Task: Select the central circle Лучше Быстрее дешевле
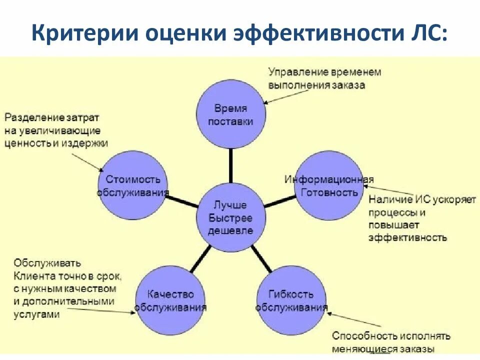coord(230,217)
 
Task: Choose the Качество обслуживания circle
coord(170,300)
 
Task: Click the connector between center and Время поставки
coord(230,166)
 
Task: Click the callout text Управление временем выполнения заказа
coord(324,78)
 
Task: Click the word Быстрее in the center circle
coord(230,218)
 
